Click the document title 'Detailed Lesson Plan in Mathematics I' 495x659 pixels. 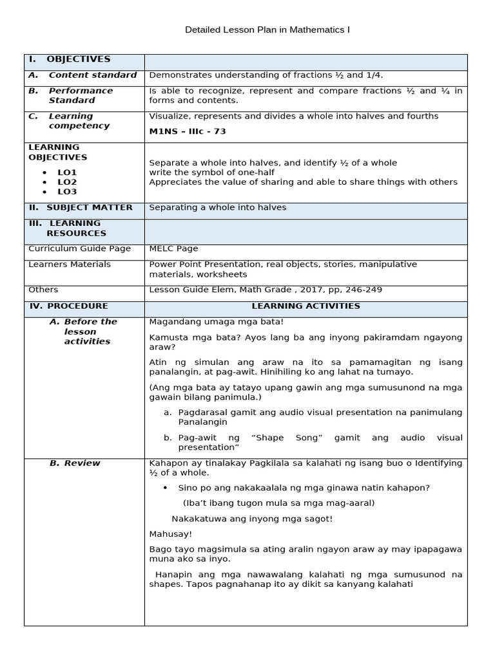pos(267,30)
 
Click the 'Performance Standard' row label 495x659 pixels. pos(80,95)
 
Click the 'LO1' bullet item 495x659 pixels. pos(67,172)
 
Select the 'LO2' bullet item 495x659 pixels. pos(67,182)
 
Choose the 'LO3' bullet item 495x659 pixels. pos(67,192)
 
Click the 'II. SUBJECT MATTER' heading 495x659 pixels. pos(81,208)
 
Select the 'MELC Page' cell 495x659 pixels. pos(174,248)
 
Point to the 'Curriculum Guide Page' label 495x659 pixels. pos(80,248)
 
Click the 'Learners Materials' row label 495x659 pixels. pos(70,265)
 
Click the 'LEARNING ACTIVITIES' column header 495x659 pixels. pos(306,306)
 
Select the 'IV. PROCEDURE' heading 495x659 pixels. pos(68,306)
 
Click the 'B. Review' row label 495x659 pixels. pos(75,463)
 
